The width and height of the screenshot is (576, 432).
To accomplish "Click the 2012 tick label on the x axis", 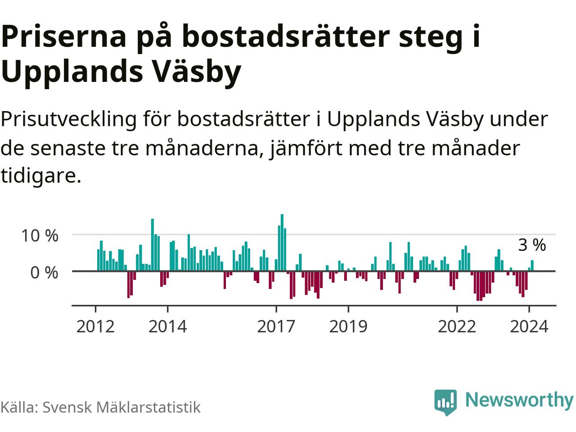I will click(95, 326).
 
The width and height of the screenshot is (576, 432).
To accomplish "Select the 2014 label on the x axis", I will click(167, 326).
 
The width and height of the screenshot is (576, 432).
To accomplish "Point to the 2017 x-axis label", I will click(276, 326).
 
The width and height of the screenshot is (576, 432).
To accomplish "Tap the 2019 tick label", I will click(348, 326).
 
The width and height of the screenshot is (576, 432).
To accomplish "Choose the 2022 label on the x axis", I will click(457, 326).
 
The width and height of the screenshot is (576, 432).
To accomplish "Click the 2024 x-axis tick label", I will click(529, 326).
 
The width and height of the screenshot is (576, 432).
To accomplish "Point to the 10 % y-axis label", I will click(40, 235).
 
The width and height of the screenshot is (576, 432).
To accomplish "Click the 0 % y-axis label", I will click(44, 272).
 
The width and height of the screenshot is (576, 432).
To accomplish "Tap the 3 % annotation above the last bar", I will click(532, 245).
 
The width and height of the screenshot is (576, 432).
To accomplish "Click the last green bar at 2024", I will click(532, 265).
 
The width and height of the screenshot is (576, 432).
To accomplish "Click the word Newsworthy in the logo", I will click(519, 400).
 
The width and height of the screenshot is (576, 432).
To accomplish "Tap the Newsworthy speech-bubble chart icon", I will click(445, 401).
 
